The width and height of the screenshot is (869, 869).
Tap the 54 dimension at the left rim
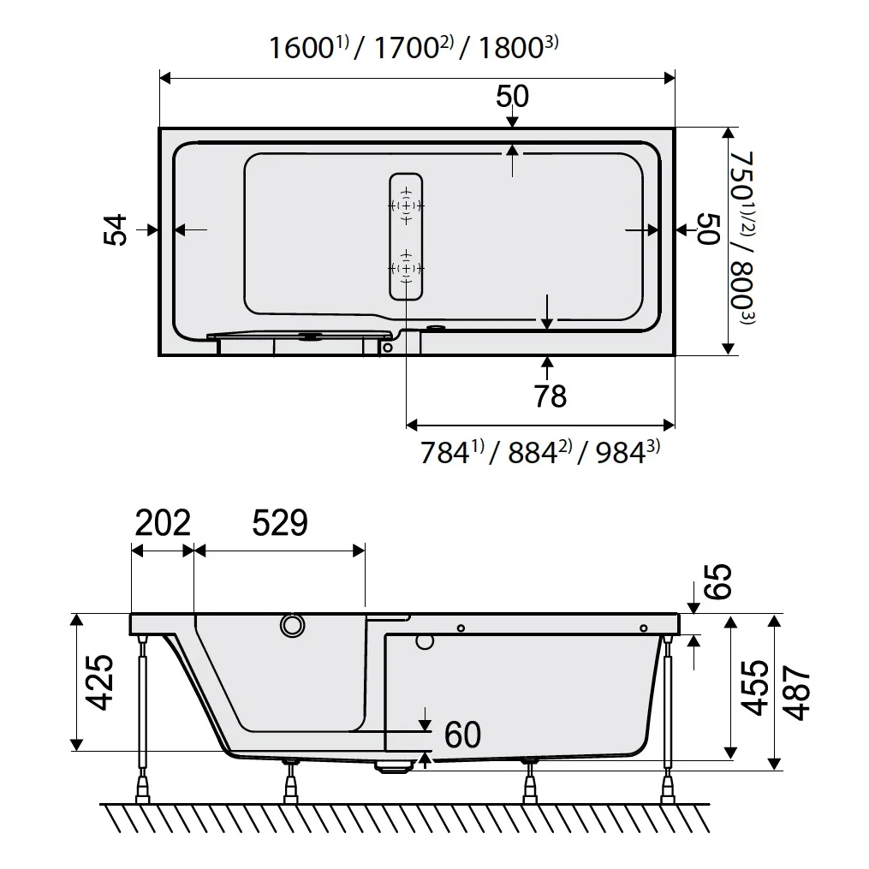point(116,229)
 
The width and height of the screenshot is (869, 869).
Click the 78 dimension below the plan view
point(550,396)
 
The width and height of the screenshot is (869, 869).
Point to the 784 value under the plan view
point(445,452)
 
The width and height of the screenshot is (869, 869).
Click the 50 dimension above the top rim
point(512,97)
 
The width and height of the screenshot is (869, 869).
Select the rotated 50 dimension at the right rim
point(707,229)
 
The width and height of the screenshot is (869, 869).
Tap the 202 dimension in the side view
point(162,522)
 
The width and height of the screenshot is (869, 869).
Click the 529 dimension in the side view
point(280,522)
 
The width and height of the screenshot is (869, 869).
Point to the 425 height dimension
point(102,682)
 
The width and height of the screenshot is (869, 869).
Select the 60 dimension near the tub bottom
point(462,735)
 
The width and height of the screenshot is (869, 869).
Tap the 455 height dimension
point(753,687)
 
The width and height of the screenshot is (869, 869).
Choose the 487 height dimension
point(797,692)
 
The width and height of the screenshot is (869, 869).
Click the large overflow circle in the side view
point(292,627)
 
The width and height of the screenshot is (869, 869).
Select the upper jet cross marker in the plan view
point(406,206)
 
